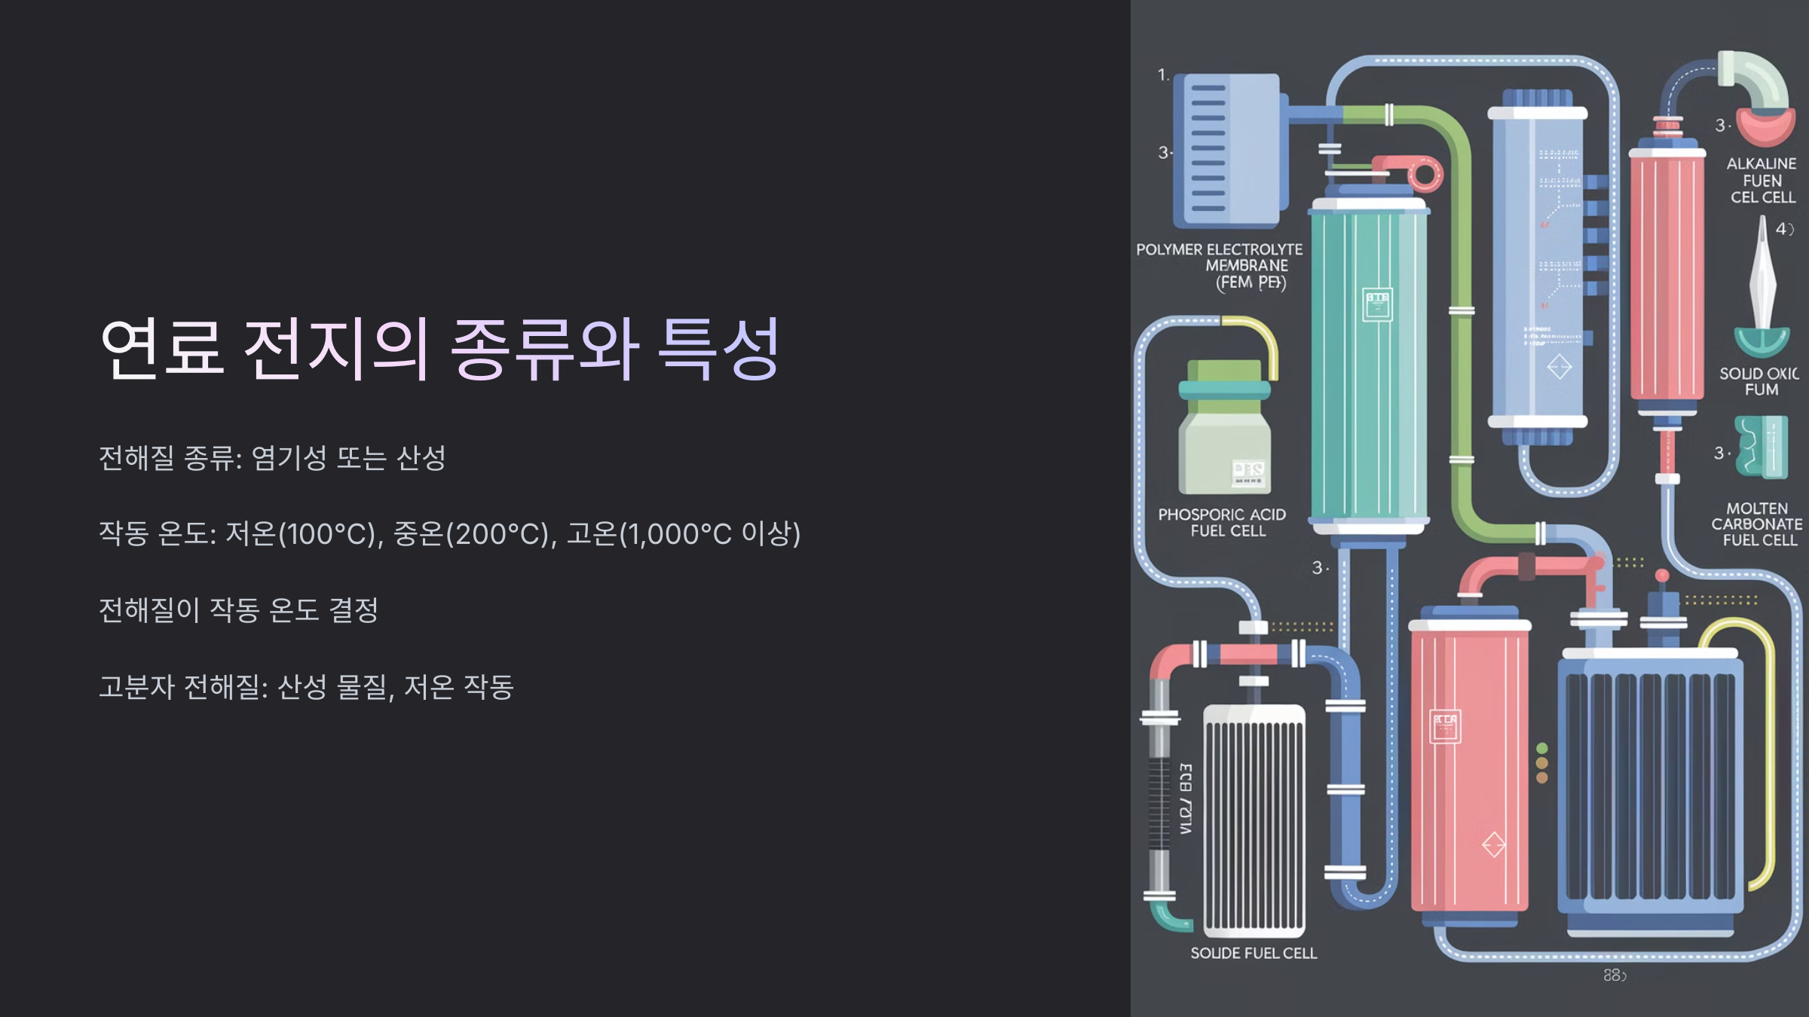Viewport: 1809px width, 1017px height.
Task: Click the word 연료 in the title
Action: click(162, 348)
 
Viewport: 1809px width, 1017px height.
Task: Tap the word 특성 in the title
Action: click(718, 348)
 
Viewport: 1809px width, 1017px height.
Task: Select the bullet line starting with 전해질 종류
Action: click(272, 457)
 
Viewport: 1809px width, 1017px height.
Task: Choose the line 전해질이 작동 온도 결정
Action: click(238, 609)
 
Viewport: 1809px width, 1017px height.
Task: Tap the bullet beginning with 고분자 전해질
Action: click(306, 686)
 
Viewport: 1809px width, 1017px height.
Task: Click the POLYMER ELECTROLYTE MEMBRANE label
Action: click(1220, 265)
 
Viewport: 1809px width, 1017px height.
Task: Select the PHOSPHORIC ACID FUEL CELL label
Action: click(1222, 522)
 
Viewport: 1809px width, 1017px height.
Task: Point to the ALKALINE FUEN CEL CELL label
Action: click(1762, 180)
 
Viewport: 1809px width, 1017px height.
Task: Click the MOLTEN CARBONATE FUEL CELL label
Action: click(1757, 524)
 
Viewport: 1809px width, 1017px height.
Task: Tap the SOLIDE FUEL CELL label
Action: click(1253, 953)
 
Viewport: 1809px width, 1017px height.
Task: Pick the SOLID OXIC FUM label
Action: click(1759, 381)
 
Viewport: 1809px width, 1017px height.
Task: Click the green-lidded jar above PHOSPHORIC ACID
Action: click(1224, 429)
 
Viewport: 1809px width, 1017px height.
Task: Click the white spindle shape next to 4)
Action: click(1762, 279)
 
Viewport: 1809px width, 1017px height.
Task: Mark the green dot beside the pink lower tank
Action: click(1542, 748)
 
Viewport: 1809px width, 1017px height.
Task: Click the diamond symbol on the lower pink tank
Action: click(1493, 844)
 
